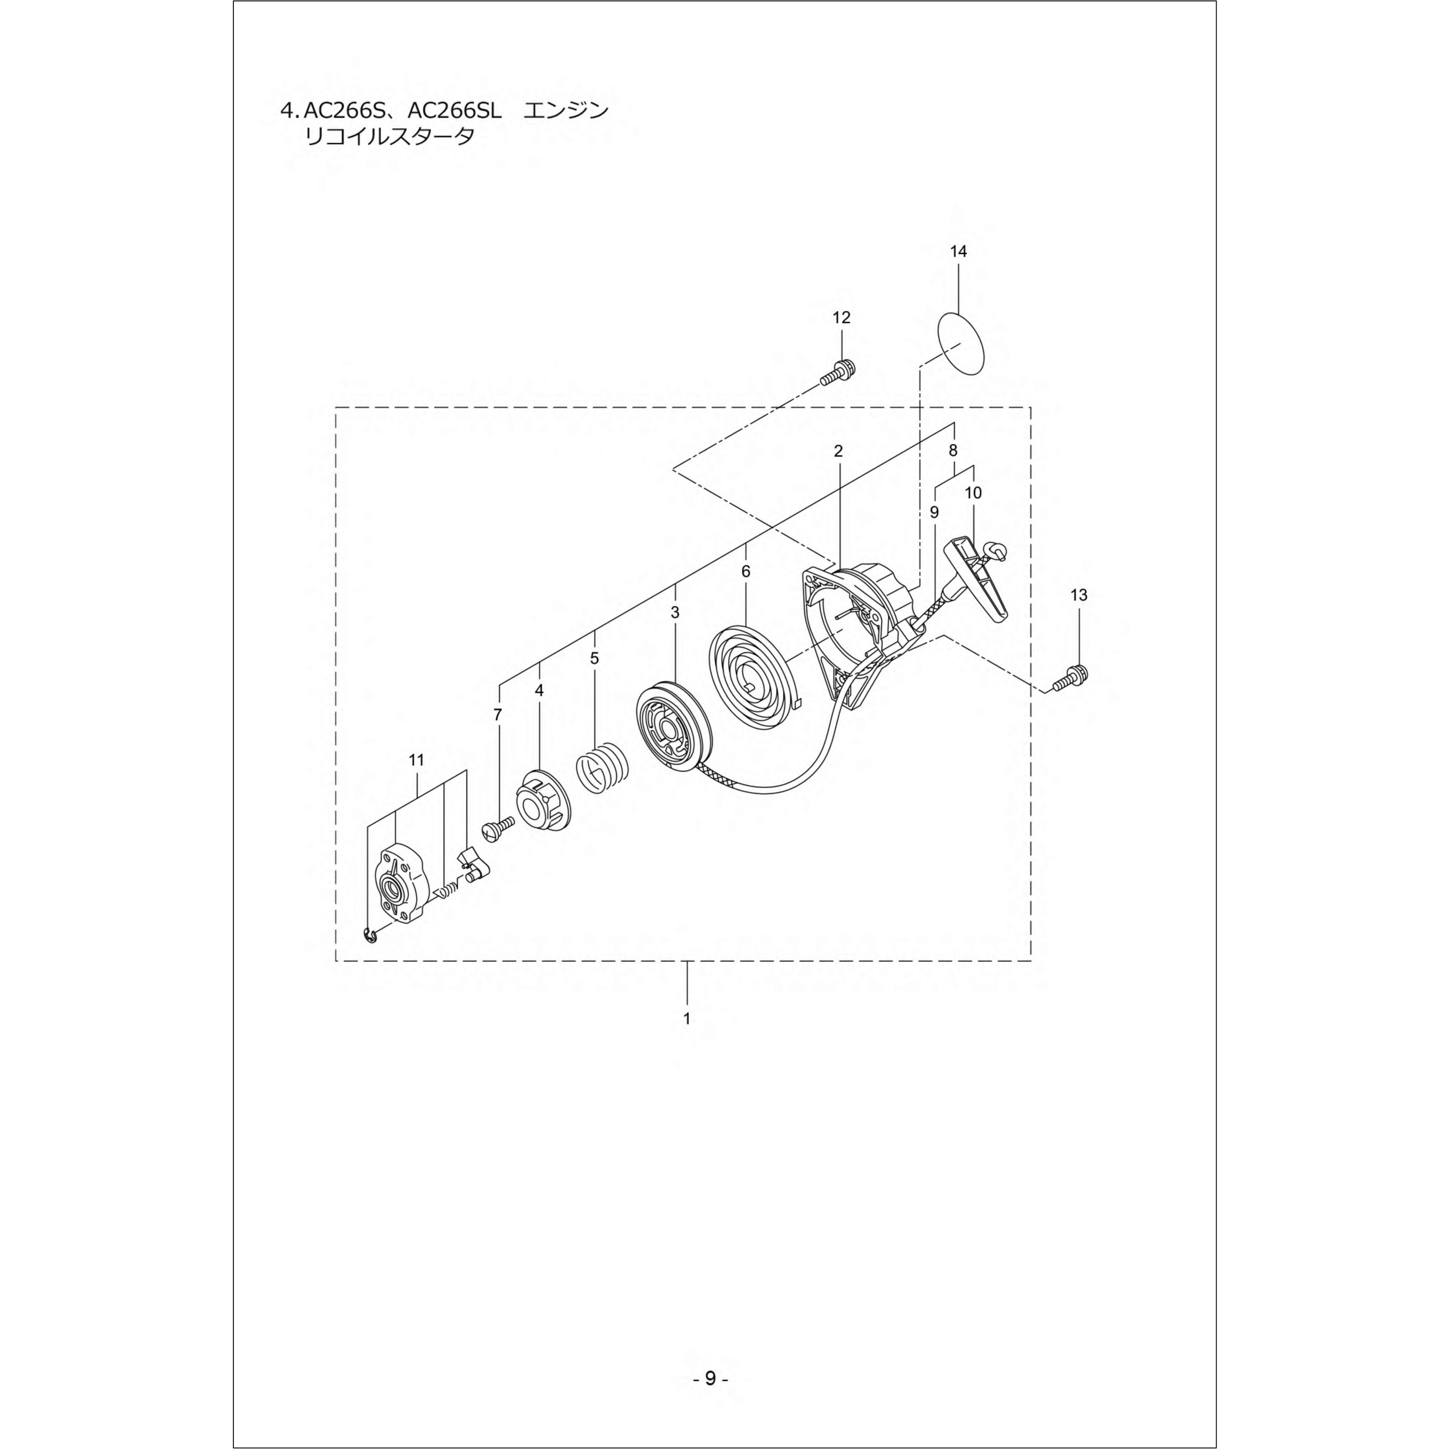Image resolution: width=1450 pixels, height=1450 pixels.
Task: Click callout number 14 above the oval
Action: (x=958, y=251)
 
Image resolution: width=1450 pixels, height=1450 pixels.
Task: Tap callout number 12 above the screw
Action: (x=841, y=318)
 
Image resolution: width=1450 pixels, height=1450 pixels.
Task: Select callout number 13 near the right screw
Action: (x=1078, y=595)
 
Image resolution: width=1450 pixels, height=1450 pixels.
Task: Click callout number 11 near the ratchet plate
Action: (x=417, y=760)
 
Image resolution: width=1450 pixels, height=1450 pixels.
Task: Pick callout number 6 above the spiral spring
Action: (x=745, y=571)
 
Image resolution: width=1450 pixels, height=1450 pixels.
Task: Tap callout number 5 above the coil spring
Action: (x=594, y=658)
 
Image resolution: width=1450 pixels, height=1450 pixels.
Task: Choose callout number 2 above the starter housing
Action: (x=838, y=451)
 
